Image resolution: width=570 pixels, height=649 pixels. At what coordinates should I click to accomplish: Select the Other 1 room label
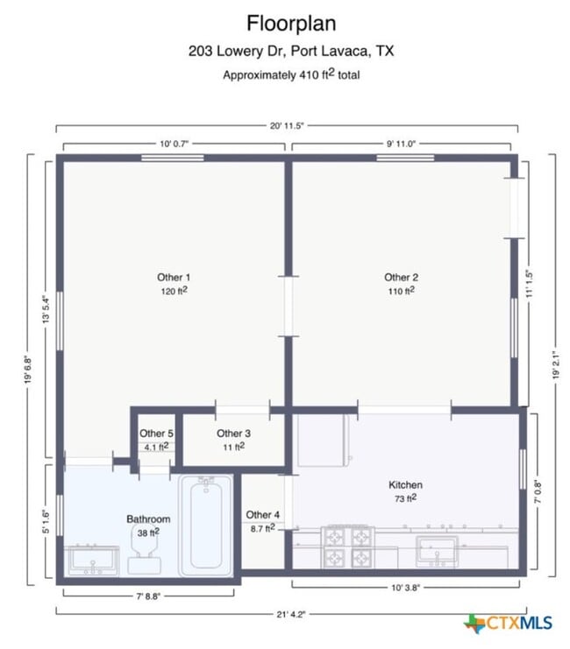174,278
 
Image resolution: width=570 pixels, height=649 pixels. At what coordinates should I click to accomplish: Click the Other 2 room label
401,278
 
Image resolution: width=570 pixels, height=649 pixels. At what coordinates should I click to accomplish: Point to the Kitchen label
405,484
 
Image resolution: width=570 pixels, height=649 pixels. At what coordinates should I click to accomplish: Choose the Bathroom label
148,519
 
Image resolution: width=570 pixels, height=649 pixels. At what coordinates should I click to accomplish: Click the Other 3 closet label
233,433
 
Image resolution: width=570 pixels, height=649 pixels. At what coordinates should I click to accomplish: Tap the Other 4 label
262,514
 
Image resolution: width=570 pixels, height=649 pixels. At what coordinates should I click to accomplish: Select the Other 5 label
157,433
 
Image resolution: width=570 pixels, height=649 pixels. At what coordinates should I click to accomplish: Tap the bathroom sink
93,558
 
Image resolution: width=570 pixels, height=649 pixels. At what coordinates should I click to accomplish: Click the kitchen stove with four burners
348,547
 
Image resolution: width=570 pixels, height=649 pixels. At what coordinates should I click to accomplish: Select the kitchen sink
437,550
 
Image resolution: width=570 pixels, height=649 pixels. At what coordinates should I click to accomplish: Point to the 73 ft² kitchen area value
405,498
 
